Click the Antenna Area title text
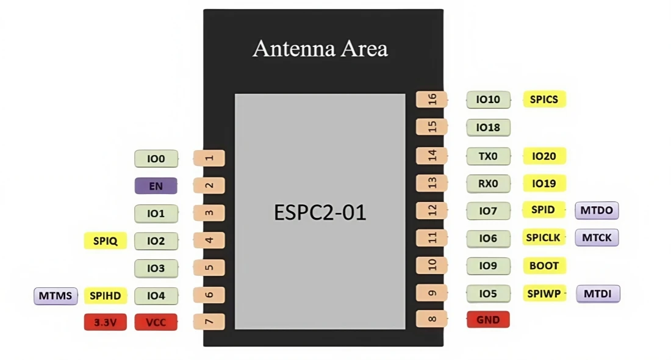tap(320, 49)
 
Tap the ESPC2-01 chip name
tap(320, 212)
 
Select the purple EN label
tap(156, 185)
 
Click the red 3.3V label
tap(105, 322)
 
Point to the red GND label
tap(488, 319)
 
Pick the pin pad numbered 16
tap(431, 99)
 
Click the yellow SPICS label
tap(544, 99)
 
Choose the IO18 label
tap(488, 128)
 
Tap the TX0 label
tap(488, 156)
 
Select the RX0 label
tap(488, 183)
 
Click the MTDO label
tap(597, 211)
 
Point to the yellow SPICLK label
tap(543, 237)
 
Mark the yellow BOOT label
tap(544, 265)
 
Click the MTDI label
tap(598, 293)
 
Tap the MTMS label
tap(56, 296)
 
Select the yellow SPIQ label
tap(105, 240)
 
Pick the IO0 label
tap(156, 159)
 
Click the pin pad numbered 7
tap(209, 322)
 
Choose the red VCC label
tap(156, 322)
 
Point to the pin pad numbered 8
tap(431, 319)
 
